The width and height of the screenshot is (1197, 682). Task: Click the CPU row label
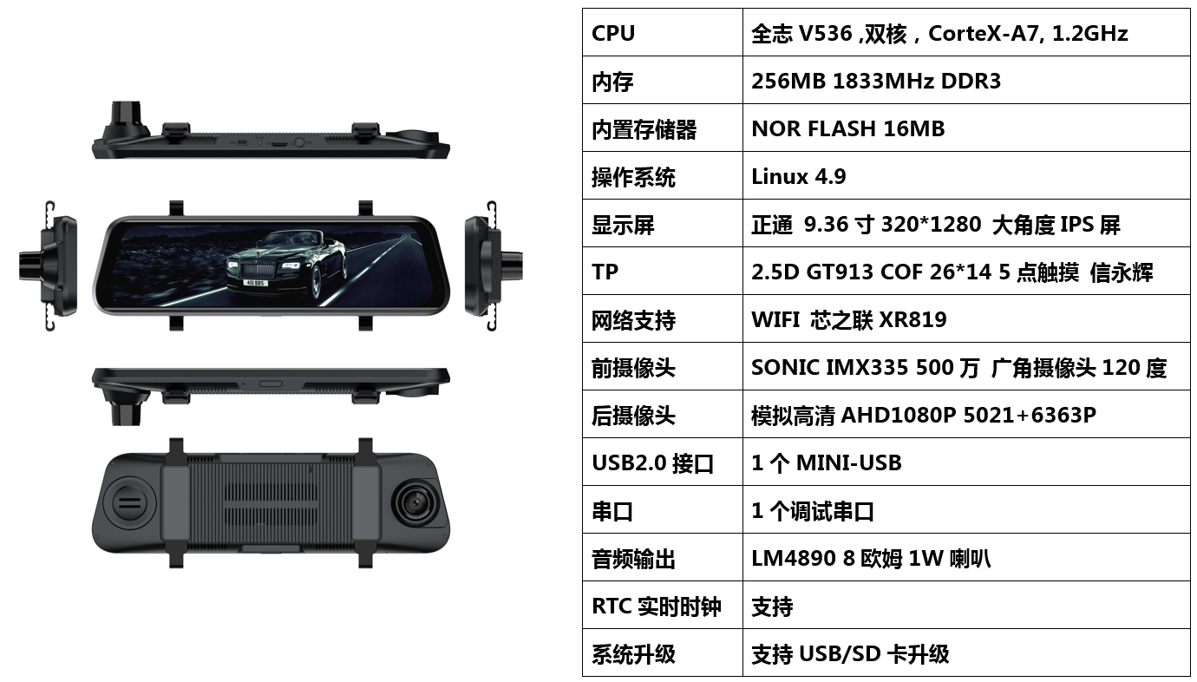point(613,33)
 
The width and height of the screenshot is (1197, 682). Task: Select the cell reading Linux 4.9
point(798,176)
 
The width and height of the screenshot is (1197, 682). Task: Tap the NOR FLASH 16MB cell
point(848,128)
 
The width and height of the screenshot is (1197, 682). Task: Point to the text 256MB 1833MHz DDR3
point(876,82)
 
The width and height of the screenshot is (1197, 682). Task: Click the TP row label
point(605,272)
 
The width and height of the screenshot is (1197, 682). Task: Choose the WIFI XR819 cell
point(848,319)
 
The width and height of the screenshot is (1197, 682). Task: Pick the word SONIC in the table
point(786,368)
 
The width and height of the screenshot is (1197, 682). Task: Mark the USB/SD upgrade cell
point(850,654)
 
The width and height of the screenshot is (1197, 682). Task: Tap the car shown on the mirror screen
point(286,266)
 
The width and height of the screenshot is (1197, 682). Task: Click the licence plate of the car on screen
point(255,282)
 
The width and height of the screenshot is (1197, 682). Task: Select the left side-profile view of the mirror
point(48,266)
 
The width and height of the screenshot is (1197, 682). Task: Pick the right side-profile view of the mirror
point(494,266)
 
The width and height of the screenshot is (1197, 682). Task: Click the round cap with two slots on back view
point(129,503)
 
